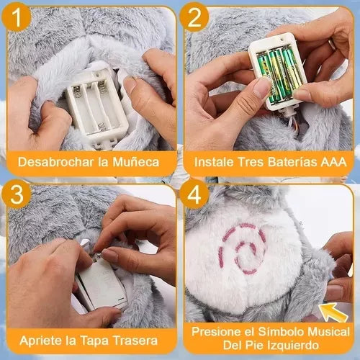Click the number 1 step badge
[x=17, y=17]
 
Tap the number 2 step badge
[x=194, y=17]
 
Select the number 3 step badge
[x=17, y=194]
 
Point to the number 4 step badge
[x=194, y=194]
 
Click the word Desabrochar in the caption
[x=55, y=162]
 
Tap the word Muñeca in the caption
[x=136, y=163]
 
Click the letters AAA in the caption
[x=334, y=162]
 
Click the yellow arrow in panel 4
[x=333, y=312]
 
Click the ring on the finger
[x=332, y=44]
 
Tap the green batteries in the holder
[x=279, y=75]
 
